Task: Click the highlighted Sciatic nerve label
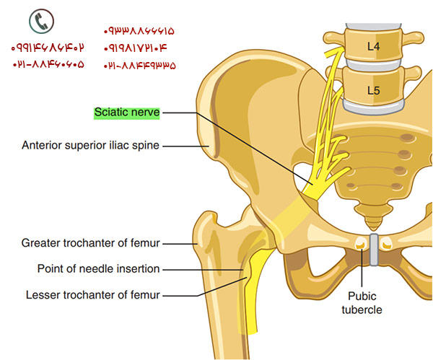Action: pyautogui.click(x=127, y=113)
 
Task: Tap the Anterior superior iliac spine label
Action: pyautogui.click(x=90, y=145)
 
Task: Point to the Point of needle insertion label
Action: pyautogui.click(x=99, y=269)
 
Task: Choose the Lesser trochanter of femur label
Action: pyautogui.click(x=93, y=294)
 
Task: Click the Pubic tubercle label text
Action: pyautogui.click(x=362, y=303)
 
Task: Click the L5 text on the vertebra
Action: pyautogui.click(x=373, y=91)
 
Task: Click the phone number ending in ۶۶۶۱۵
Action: pyautogui.click(x=139, y=32)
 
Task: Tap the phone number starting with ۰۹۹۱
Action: pyautogui.click(x=48, y=48)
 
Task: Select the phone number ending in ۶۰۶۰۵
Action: pyautogui.click(x=48, y=64)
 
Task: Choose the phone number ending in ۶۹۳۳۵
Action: pyautogui.click(x=139, y=64)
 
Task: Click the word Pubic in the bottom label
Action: pyautogui.click(x=362, y=297)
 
